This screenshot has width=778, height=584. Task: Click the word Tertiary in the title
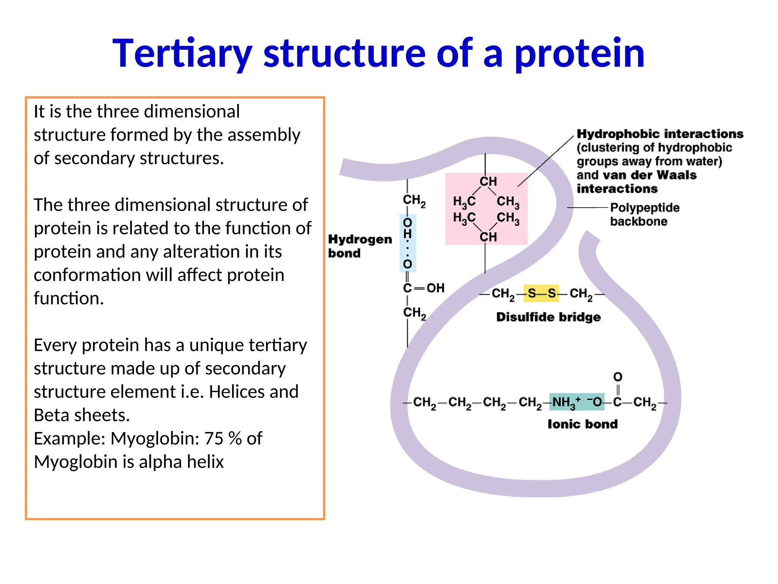182,54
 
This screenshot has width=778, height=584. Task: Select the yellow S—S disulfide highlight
541,293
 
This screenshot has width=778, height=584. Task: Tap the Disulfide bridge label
548,317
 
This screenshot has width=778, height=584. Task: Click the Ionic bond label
582,424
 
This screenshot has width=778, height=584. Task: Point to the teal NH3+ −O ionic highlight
576,402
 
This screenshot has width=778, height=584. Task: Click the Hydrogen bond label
359,246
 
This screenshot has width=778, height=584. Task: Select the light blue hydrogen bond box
408,243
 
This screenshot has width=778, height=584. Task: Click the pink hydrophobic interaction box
486,209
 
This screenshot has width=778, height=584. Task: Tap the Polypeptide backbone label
644,214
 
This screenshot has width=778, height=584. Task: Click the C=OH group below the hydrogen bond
423,288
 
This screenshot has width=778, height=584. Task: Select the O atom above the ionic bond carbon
618,377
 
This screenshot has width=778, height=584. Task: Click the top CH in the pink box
488,181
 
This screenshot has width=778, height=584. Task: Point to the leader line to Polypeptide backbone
587,208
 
